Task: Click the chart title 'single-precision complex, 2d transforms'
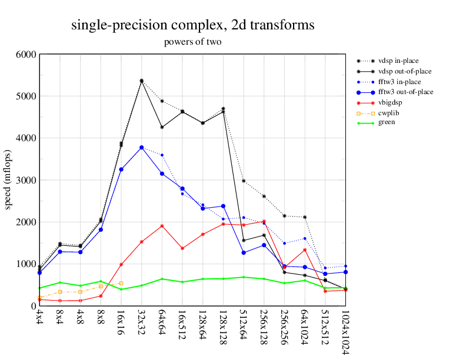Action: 192,25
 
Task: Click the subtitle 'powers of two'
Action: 192,42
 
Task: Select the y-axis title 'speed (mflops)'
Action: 9,180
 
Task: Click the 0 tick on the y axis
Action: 33,306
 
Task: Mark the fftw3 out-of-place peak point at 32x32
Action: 141,148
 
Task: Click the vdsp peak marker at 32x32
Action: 141,81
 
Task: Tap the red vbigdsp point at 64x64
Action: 162,226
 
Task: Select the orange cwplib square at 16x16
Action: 121,284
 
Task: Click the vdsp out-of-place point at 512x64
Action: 244,240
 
